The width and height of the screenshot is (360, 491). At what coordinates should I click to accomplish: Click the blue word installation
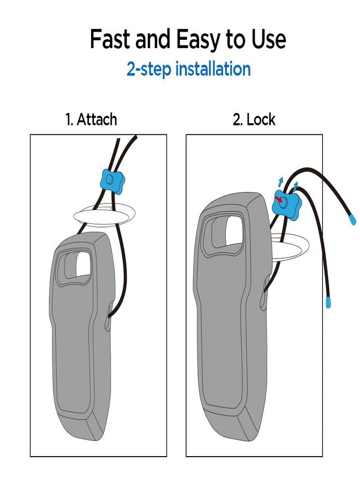213,69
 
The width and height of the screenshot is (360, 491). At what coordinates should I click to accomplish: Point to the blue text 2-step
149,69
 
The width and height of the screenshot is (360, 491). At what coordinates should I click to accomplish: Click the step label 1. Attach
91,119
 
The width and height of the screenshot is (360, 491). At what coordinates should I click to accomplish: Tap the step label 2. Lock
254,119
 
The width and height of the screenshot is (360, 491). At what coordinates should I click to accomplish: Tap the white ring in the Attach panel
104,217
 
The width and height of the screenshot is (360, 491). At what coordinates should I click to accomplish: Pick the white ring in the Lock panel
290,246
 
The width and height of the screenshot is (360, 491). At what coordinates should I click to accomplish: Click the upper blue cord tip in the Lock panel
352,220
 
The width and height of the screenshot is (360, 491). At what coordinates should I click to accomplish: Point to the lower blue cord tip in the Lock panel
328,302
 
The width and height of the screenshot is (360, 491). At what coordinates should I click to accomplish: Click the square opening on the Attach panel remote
83,264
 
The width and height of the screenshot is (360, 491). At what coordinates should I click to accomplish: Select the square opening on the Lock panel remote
234,230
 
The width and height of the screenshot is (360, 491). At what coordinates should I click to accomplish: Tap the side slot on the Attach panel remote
109,316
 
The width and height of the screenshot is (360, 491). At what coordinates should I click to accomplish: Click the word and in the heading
153,39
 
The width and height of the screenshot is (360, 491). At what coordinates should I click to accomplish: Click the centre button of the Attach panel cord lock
110,179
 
